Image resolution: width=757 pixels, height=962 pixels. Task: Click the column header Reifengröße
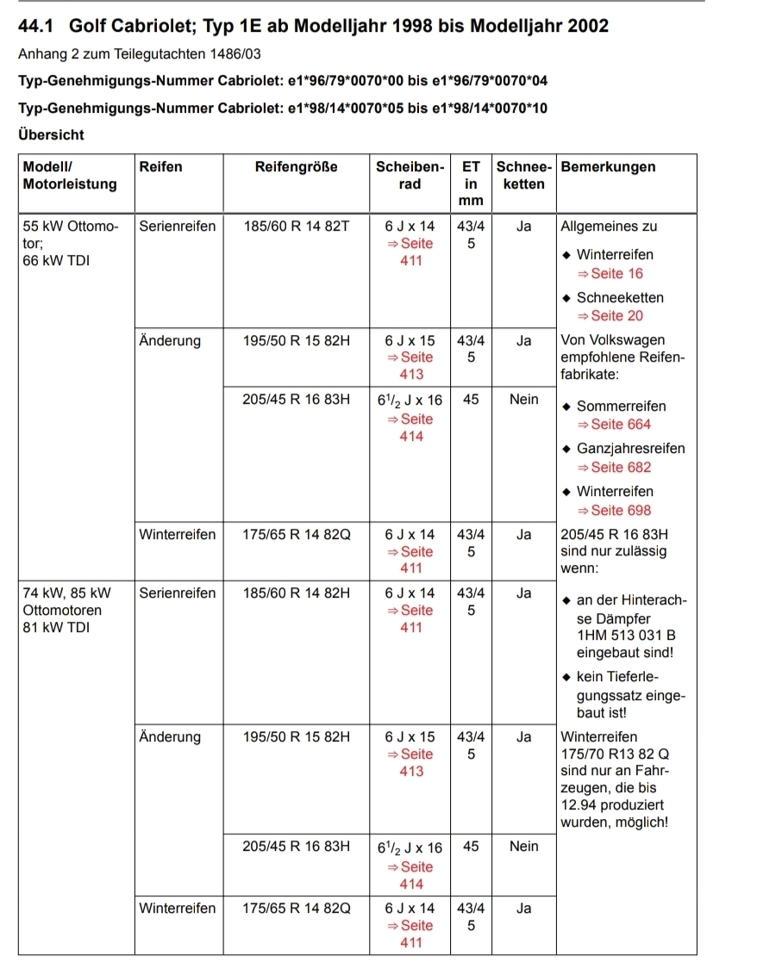point(296,167)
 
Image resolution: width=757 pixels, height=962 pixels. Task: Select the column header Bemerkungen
point(608,167)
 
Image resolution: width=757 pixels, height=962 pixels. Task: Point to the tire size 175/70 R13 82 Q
point(615,754)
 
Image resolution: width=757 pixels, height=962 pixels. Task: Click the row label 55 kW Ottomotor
point(69,227)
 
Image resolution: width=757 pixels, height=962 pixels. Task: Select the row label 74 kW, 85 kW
point(66,593)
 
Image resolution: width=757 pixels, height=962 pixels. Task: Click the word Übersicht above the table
point(51,135)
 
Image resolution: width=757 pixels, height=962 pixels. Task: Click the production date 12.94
point(579,805)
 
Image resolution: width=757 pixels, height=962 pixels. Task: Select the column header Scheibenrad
point(410,175)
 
